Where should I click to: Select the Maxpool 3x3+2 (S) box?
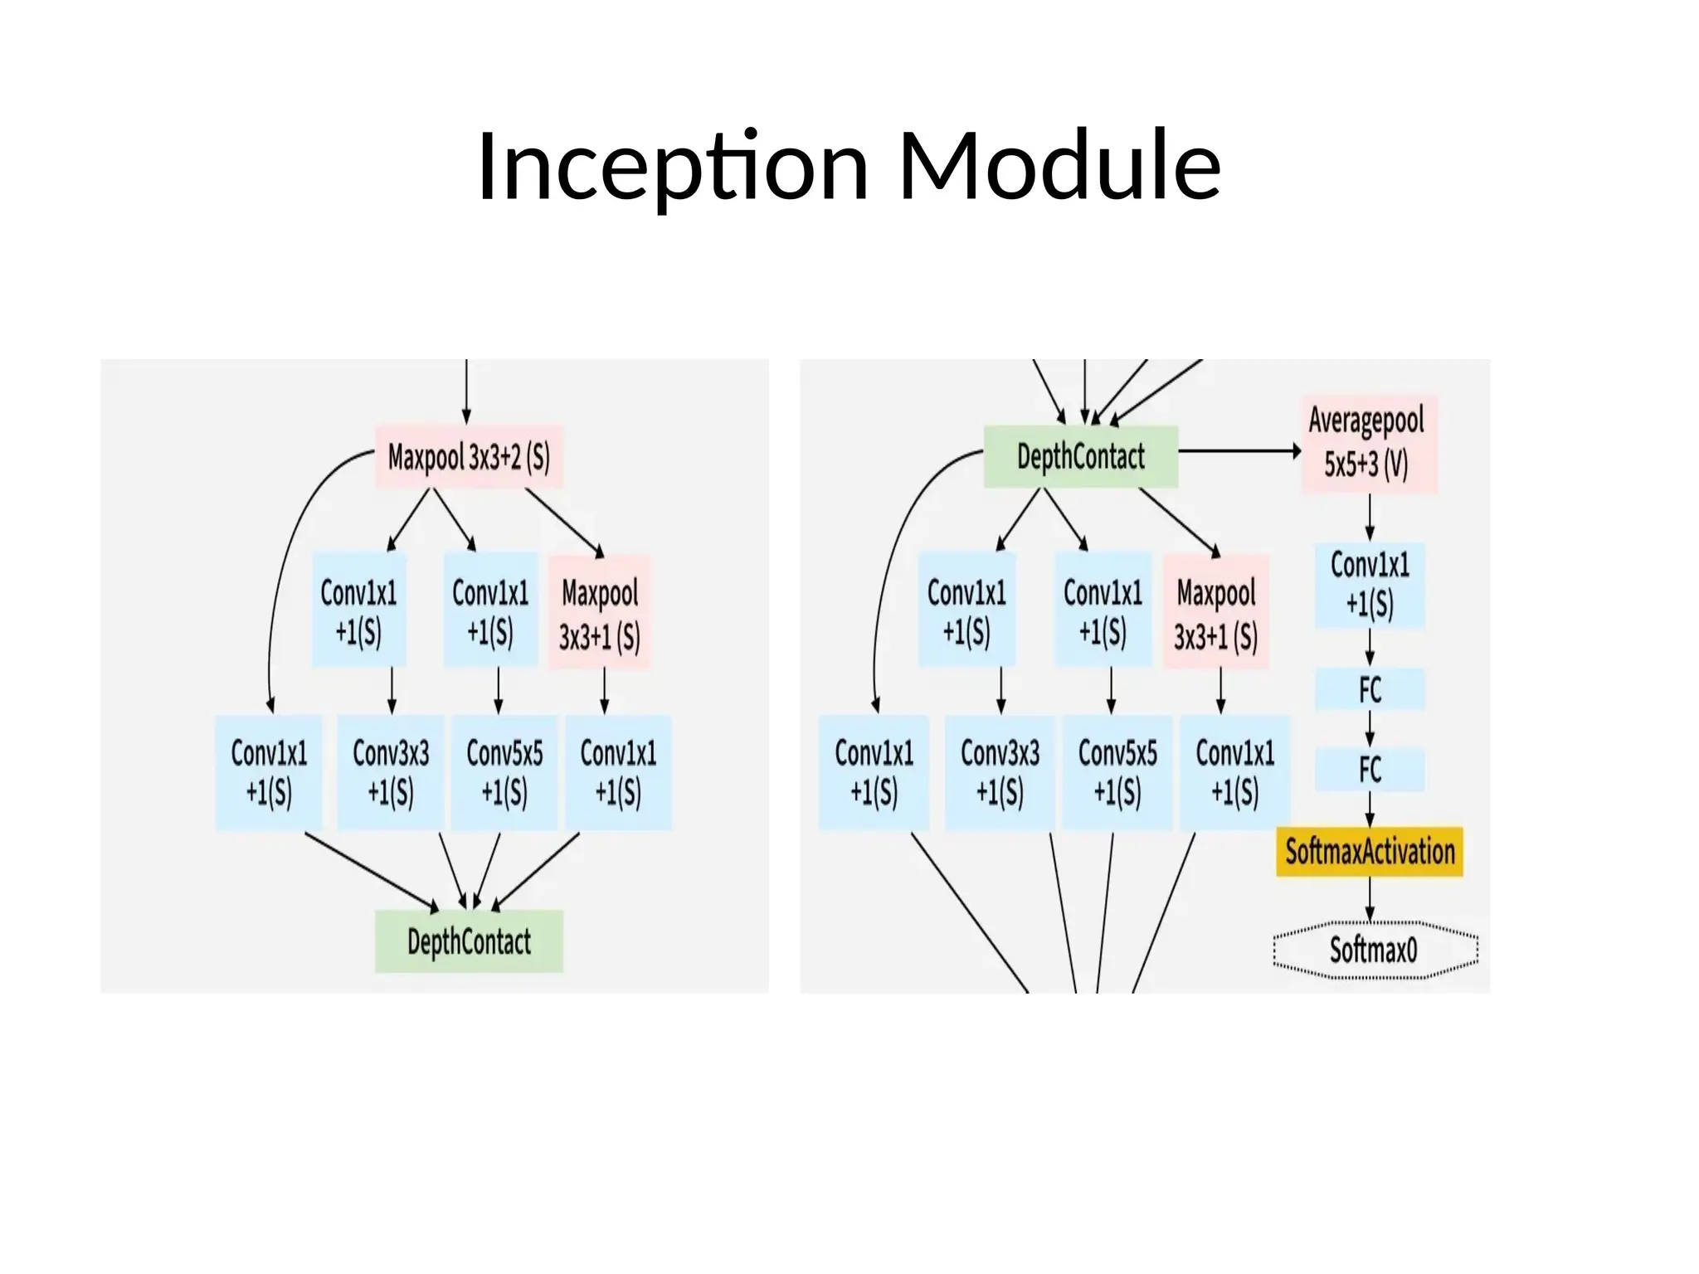click(469, 456)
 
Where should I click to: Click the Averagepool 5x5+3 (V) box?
click(1368, 444)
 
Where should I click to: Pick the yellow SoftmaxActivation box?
click(1370, 852)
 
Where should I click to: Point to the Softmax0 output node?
click(1375, 950)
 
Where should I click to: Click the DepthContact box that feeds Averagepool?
click(1080, 456)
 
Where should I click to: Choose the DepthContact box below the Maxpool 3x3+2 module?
click(469, 941)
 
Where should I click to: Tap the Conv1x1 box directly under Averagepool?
click(1370, 585)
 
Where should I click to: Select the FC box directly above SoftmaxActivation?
click(1370, 770)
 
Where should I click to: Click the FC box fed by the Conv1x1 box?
click(1370, 689)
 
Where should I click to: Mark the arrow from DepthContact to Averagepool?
click(1239, 451)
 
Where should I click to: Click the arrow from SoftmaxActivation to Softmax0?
click(1370, 898)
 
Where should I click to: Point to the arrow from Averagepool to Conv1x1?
click(1370, 518)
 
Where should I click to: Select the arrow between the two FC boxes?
click(1370, 729)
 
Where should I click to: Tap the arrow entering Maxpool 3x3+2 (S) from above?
click(466, 390)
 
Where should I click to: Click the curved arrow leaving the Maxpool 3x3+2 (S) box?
click(286, 564)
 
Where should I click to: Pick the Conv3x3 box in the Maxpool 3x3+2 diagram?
click(391, 772)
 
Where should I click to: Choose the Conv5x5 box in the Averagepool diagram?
click(1117, 772)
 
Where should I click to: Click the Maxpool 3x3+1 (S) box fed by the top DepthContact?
click(1215, 612)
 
